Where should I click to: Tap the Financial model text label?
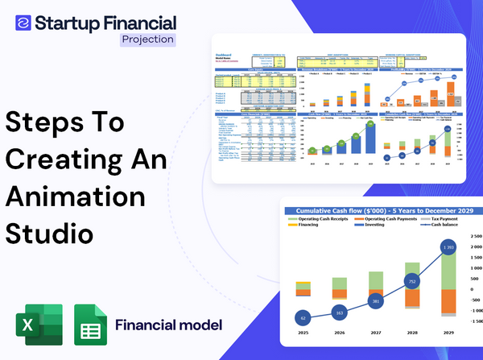168,325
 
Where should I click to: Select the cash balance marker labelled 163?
338,313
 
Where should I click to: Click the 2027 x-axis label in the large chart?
375,332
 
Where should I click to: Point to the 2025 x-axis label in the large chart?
303,332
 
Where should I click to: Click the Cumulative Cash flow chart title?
382,209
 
